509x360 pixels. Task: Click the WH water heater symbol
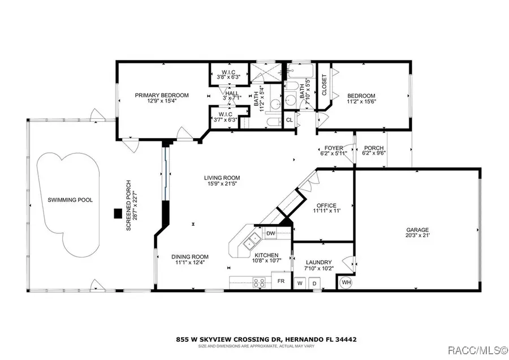pyautogui.click(x=345, y=282)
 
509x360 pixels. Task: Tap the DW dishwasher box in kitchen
pyautogui.click(x=270, y=233)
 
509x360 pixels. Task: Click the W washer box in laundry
pyautogui.click(x=301, y=282)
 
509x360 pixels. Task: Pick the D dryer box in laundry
pyautogui.click(x=316, y=282)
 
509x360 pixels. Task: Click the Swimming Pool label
pyautogui.click(x=70, y=200)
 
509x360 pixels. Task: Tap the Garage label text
pyautogui.click(x=417, y=230)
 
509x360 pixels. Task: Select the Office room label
pyautogui.click(x=326, y=205)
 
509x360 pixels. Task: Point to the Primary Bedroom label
pyautogui.click(x=162, y=95)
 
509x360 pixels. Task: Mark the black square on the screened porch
pyautogui.click(x=118, y=213)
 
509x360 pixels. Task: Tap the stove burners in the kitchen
pyautogui.click(x=259, y=281)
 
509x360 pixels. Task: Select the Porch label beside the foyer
pyautogui.click(x=373, y=147)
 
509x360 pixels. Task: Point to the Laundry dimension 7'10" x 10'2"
pyautogui.click(x=318, y=269)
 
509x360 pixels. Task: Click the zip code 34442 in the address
pyautogui.click(x=346, y=340)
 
